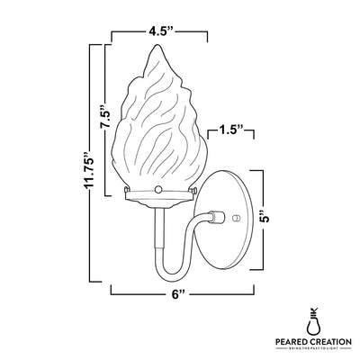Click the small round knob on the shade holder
(158, 190)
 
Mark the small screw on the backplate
(236, 217)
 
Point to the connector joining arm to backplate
(213, 216)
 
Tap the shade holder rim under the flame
(158, 197)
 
